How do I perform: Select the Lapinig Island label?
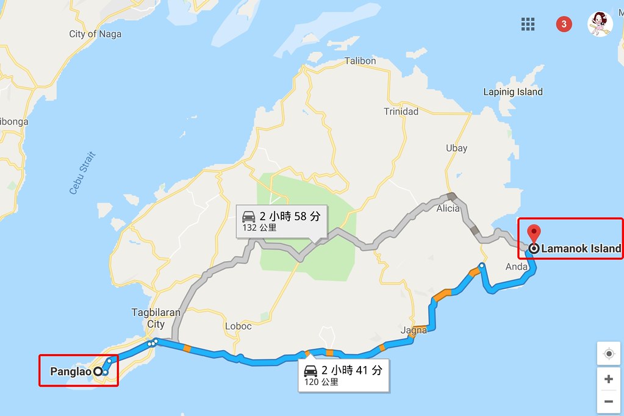click(512, 92)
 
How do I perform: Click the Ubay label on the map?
click(456, 148)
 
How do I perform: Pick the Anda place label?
click(517, 267)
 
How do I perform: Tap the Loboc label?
click(238, 326)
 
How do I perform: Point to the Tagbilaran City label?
click(156, 318)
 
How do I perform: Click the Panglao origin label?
click(71, 371)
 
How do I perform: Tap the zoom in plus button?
click(608, 379)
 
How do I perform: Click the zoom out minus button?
click(608, 401)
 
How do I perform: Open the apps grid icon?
click(528, 24)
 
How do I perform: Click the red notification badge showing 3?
click(564, 24)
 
